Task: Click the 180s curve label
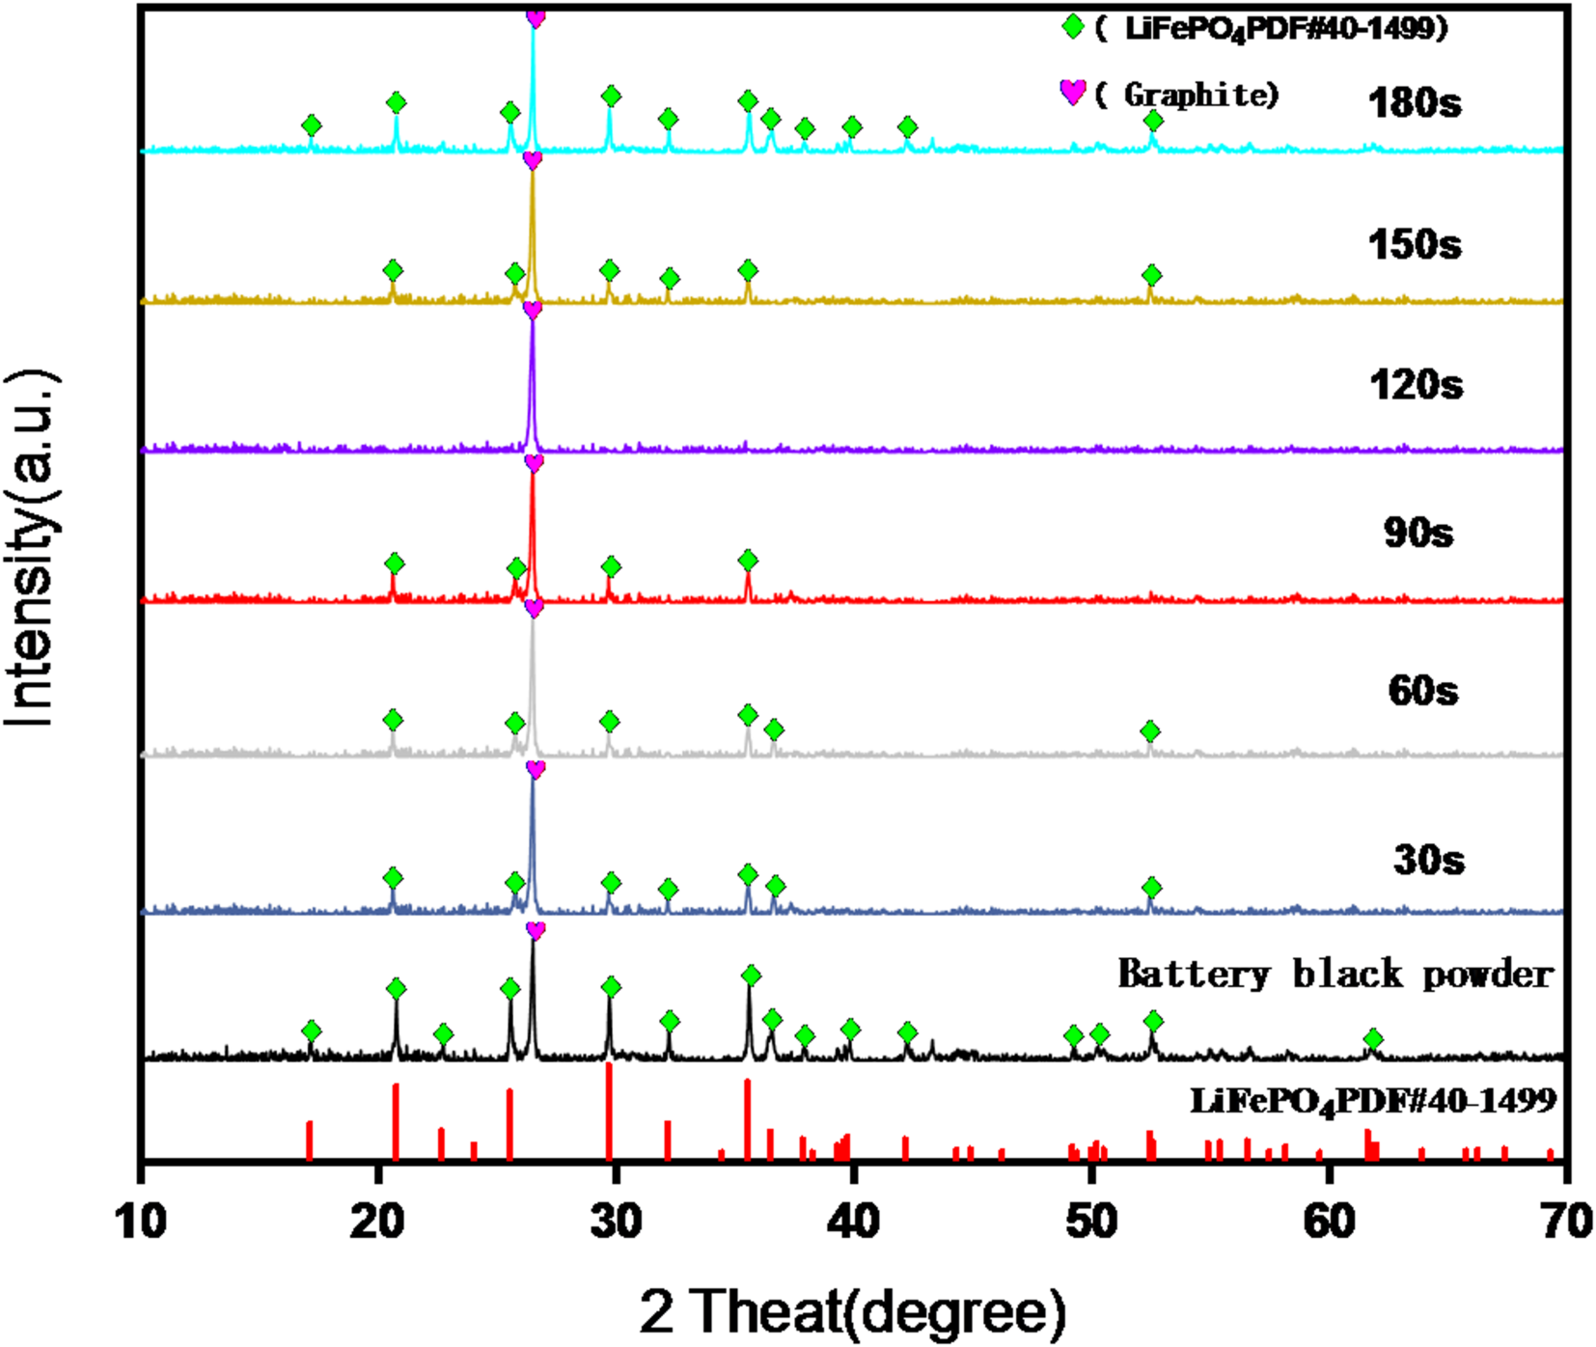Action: [x=1414, y=102]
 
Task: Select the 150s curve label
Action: [x=1414, y=244]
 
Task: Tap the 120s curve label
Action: [x=1415, y=385]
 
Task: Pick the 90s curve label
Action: [x=1417, y=532]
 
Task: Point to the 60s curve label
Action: [x=1422, y=690]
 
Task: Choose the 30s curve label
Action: [x=1428, y=859]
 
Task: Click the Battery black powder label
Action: [x=1335, y=974]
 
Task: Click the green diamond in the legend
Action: [x=1073, y=27]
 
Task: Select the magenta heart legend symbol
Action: [x=1073, y=93]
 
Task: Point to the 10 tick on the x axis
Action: [x=141, y=1222]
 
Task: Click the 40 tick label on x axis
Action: [x=853, y=1222]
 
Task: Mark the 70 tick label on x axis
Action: [x=1565, y=1222]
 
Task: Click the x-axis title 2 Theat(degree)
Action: [x=853, y=1311]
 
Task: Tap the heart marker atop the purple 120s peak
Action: [x=533, y=310]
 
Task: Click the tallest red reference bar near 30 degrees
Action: [x=609, y=1110]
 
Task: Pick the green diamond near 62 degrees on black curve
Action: [x=1373, y=1039]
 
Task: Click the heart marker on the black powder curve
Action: [x=536, y=930]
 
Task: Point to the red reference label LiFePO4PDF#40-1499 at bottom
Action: [x=1372, y=1101]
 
